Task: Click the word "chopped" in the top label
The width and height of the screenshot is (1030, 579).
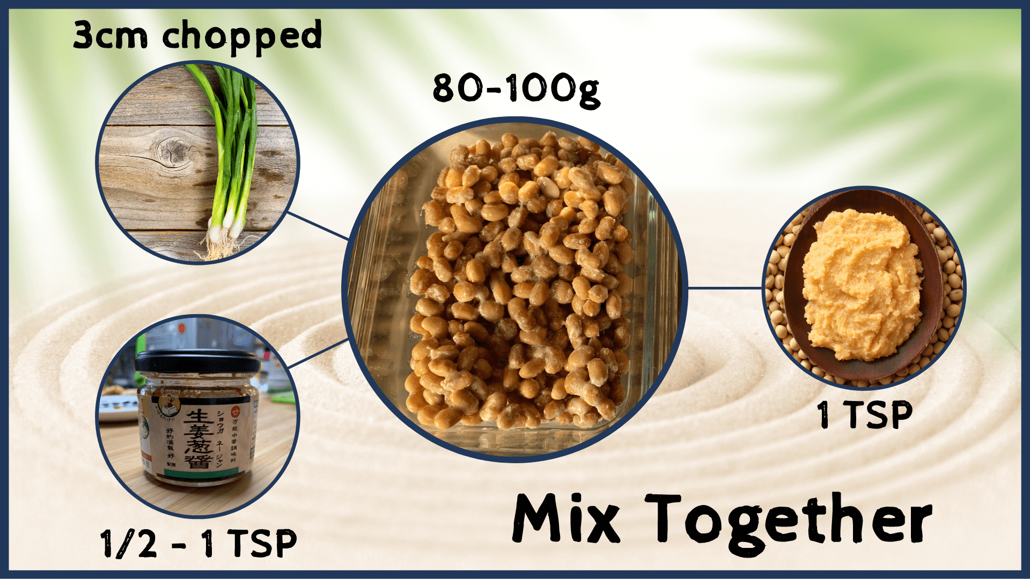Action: click(x=242, y=36)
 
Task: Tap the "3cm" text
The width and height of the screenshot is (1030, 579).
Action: click(x=110, y=35)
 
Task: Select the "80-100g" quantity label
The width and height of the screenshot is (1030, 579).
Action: click(x=516, y=89)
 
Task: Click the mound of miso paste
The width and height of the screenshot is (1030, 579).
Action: click(x=858, y=284)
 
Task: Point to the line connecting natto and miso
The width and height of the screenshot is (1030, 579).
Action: click(x=724, y=288)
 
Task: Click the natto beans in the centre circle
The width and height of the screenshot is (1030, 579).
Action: click(x=515, y=284)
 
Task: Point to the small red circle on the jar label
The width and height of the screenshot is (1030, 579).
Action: click(x=233, y=413)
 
